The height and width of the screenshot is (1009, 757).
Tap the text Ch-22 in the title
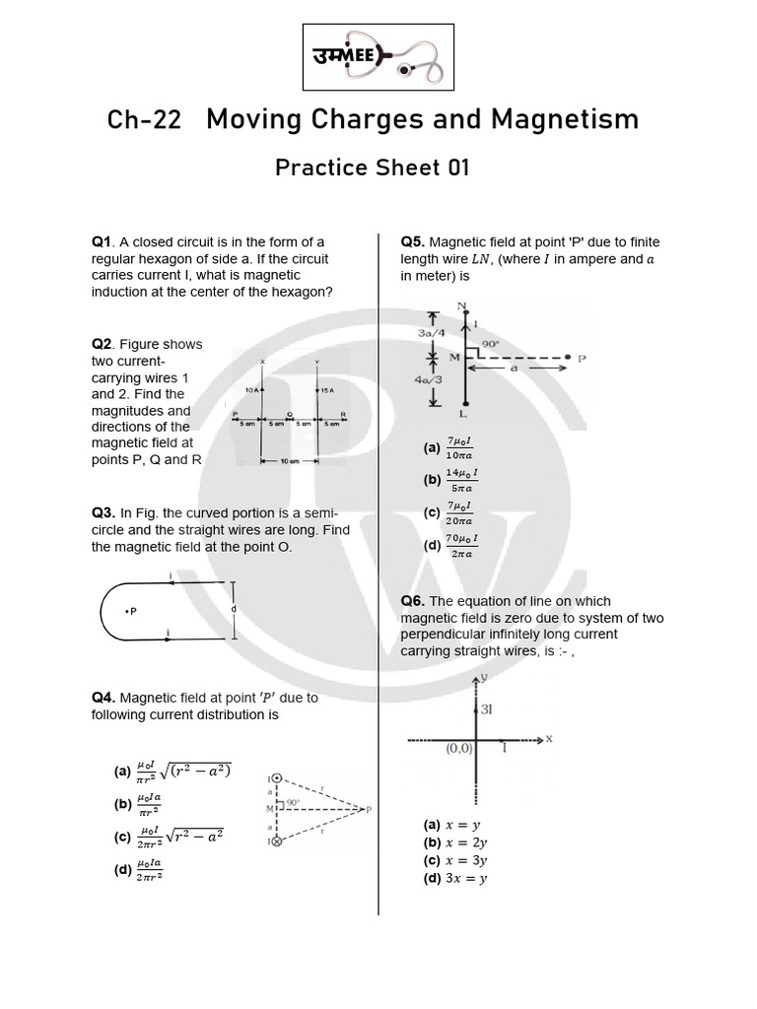pyautogui.click(x=144, y=120)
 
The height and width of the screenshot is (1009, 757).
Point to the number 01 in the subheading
pyautogui.click(x=456, y=168)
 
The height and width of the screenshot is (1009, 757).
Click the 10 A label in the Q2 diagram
pyautogui.click(x=252, y=391)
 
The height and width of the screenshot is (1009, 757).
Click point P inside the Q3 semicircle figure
pyautogui.click(x=130, y=611)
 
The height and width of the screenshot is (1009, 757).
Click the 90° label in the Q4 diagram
pyautogui.click(x=293, y=804)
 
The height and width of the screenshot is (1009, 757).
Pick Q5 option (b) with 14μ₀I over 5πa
pyautogui.click(x=462, y=480)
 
